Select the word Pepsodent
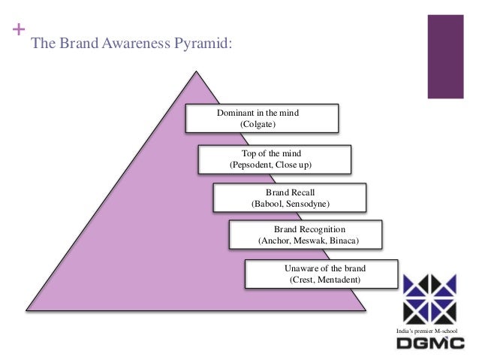coord(251,164)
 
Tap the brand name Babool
coord(268,204)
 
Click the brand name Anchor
coord(274,241)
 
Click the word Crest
coord(303,280)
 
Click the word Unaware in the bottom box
coord(302,268)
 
